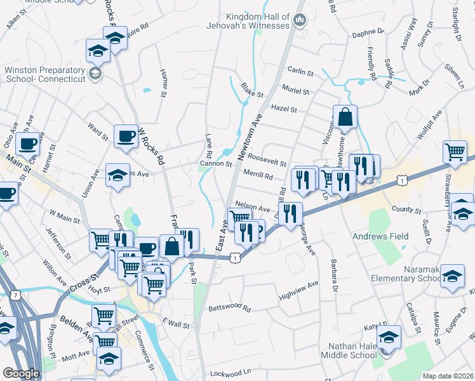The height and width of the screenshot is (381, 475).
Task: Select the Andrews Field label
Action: click(x=380, y=236)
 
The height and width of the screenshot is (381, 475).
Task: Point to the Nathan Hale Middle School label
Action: click(x=352, y=351)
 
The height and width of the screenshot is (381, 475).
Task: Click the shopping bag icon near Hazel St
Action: click(x=345, y=118)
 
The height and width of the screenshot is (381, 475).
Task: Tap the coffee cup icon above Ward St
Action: click(x=126, y=136)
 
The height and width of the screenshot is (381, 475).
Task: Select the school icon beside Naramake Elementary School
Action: click(x=452, y=277)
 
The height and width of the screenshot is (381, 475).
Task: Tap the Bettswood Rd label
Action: click(x=230, y=309)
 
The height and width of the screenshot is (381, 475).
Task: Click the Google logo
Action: click(x=21, y=373)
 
